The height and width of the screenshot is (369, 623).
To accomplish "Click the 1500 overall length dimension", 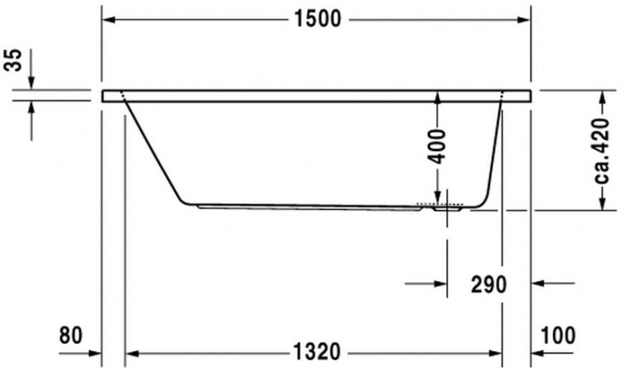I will (x=317, y=19).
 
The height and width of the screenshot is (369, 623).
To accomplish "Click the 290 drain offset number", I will (x=487, y=284).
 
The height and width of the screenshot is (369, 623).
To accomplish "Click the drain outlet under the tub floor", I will (x=446, y=209).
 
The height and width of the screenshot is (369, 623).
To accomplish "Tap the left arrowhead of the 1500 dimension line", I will (x=109, y=19).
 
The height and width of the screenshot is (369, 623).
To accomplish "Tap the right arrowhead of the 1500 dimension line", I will (x=525, y=19).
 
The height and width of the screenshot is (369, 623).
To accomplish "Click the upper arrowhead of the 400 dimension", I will (x=437, y=98).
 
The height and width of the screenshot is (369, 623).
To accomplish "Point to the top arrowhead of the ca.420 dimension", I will (x=601, y=96).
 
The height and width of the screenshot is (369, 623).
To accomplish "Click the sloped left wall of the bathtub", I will (x=154, y=152).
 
